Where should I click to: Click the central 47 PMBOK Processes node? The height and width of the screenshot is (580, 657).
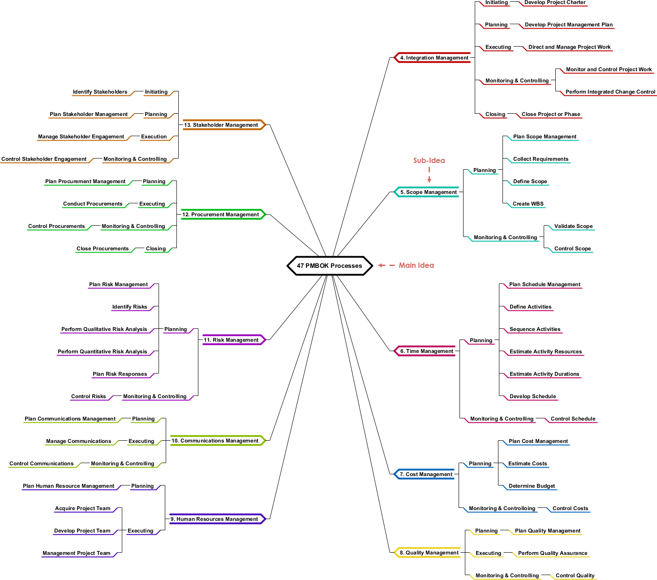(329, 266)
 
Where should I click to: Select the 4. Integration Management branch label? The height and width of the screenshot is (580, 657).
(434, 58)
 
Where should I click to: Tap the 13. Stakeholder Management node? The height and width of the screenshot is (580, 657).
(221, 125)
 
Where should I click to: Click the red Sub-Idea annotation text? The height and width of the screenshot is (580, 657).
(429, 160)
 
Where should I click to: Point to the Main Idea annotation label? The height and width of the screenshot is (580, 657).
(416, 265)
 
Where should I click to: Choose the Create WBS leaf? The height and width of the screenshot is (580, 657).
(528, 204)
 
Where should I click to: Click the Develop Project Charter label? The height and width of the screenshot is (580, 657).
(555, 3)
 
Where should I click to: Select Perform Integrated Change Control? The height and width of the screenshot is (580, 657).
(610, 92)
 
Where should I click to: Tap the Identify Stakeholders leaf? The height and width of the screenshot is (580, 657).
(100, 92)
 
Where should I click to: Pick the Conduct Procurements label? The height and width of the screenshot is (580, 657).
(93, 204)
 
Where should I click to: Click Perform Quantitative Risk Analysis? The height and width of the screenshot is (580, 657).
(102, 352)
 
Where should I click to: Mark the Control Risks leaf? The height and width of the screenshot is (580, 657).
(89, 396)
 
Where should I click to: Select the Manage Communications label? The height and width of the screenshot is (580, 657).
(78, 441)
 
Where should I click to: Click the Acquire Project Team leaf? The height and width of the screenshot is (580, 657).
(82, 508)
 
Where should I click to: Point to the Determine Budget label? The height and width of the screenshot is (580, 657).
(532, 486)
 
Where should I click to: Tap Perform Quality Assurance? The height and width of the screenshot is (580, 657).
(553, 553)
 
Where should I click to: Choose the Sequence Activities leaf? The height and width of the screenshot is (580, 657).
(535, 329)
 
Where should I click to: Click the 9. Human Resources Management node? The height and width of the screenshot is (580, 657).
(214, 519)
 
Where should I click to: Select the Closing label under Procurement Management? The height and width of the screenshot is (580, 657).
(156, 249)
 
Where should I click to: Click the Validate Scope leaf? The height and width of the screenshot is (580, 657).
(573, 226)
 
